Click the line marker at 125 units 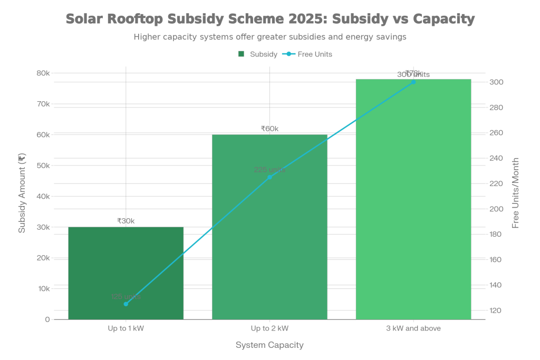(126, 304)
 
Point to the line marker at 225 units (269, 177)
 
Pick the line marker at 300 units (413, 82)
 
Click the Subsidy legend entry (258, 54)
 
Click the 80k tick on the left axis (43, 73)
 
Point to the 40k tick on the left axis (43, 196)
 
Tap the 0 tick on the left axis (47, 319)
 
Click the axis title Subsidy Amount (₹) (22, 193)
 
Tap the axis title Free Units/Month (516, 193)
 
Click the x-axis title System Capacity (269, 345)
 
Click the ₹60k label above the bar (269, 129)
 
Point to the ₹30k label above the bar (126, 221)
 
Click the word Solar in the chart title (84, 20)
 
